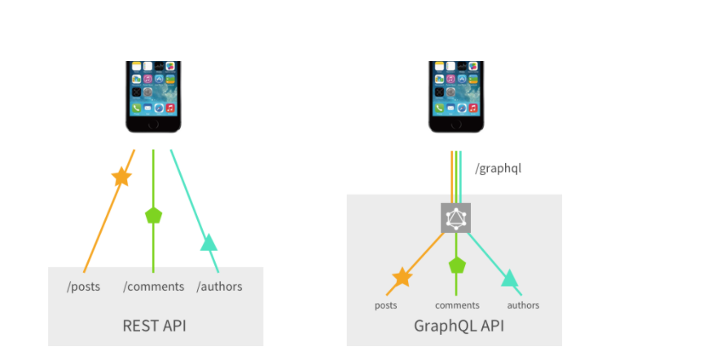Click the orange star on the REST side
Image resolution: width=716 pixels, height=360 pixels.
click(x=121, y=177)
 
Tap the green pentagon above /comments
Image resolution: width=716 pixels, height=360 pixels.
click(x=153, y=215)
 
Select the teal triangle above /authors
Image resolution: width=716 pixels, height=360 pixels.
click(x=209, y=243)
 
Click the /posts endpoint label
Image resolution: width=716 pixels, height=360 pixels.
click(x=84, y=287)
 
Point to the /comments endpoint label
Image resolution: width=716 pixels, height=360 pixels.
click(x=154, y=287)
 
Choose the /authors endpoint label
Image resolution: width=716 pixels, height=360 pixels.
click(x=220, y=287)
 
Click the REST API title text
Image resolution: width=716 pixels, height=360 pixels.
click(x=154, y=326)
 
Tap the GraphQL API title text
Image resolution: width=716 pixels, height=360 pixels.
click(x=459, y=326)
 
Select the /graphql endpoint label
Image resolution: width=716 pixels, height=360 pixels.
click(x=499, y=169)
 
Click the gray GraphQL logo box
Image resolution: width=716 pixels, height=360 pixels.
click(x=455, y=218)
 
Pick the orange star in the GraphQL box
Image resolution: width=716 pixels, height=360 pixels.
click(x=402, y=277)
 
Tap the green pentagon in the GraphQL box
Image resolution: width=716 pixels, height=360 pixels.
click(x=457, y=265)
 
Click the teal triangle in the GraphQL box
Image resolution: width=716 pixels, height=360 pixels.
click(x=510, y=278)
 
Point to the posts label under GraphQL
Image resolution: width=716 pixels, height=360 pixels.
click(x=386, y=305)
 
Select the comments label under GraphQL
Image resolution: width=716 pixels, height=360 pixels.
click(x=457, y=305)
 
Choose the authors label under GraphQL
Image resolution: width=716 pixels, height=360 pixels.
click(x=523, y=305)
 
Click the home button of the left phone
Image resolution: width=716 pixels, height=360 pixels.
click(x=153, y=125)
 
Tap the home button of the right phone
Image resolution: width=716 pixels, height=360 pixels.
click(x=456, y=125)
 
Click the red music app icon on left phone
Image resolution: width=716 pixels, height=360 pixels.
click(x=170, y=108)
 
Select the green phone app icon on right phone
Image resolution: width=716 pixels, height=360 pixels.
click(x=439, y=108)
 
